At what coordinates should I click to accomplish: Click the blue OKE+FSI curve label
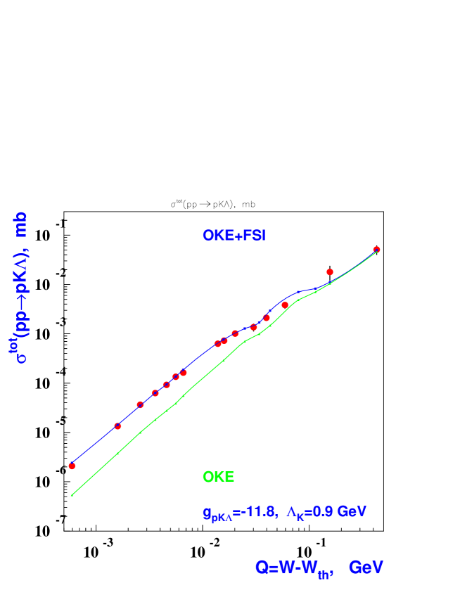click(x=234, y=236)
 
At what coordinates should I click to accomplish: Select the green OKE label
click(x=218, y=477)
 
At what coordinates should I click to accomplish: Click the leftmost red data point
click(x=72, y=466)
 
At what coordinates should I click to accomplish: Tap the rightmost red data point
click(x=376, y=250)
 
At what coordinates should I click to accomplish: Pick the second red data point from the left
click(x=117, y=426)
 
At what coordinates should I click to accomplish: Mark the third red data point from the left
click(x=140, y=404)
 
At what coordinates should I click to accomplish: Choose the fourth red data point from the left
click(x=155, y=393)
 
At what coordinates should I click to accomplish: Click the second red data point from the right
click(x=329, y=272)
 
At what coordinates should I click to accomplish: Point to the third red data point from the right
click(x=285, y=305)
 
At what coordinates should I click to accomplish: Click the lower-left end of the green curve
click(x=72, y=495)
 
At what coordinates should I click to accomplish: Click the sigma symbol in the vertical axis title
click(x=22, y=357)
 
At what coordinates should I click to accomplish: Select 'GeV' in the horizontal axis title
click(x=366, y=568)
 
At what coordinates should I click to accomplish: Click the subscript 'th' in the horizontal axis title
click(x=324, y=575)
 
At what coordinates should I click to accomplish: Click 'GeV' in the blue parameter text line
click(x=352, y=512)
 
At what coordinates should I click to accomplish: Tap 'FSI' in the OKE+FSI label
click(x=254, y=236)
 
